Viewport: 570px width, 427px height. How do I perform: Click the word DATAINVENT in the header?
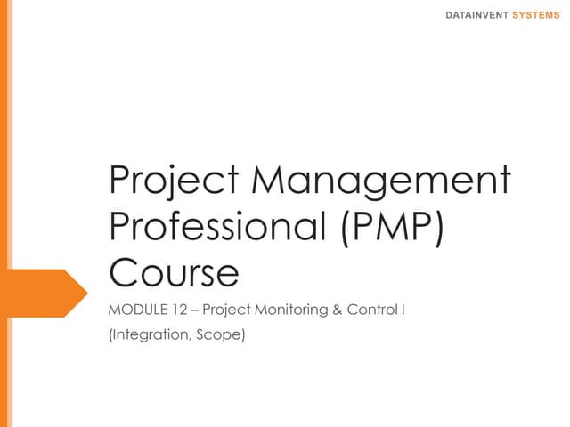coord(477,15)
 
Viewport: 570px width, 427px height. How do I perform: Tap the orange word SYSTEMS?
coord(537,15)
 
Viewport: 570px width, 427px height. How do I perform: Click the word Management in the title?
coord(383,181)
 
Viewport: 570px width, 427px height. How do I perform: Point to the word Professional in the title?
coord(218,227)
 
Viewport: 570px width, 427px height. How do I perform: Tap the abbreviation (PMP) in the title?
coord(393,227)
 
